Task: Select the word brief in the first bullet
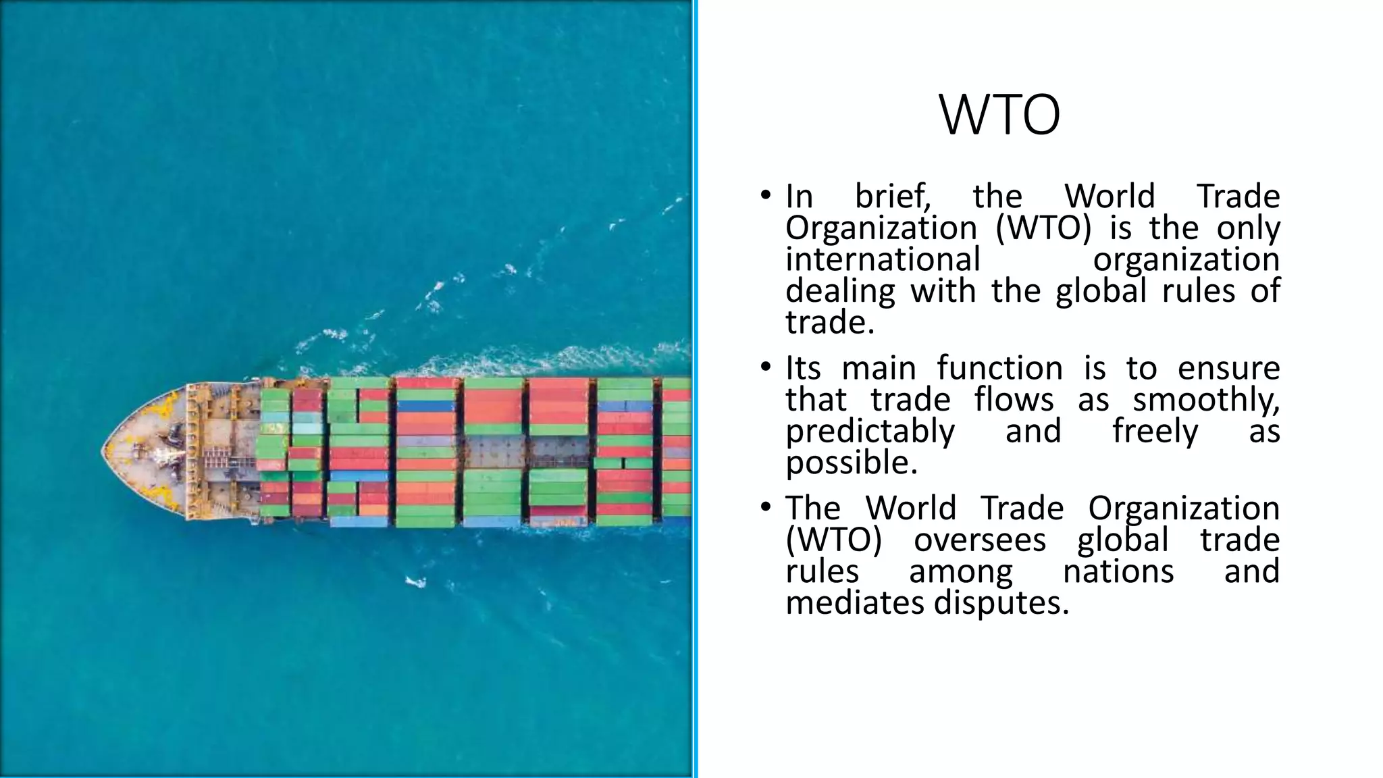click(893, 197)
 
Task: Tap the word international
click(883, 260)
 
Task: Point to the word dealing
click(840, 292)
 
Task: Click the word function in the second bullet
click(999, 369)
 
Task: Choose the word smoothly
click(1206, 400)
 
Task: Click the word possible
click(852, 463)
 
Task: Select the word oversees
click(980, 540)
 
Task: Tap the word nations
click(1118, 572)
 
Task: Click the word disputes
click(1001, 603)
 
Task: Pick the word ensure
click(1228, 369)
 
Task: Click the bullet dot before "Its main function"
click(764, 367)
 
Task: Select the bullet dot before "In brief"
click(764, 196)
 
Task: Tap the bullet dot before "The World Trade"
click(764, 507)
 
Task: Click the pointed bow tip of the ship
click(103, 450)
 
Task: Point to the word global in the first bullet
click(1101, 292)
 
